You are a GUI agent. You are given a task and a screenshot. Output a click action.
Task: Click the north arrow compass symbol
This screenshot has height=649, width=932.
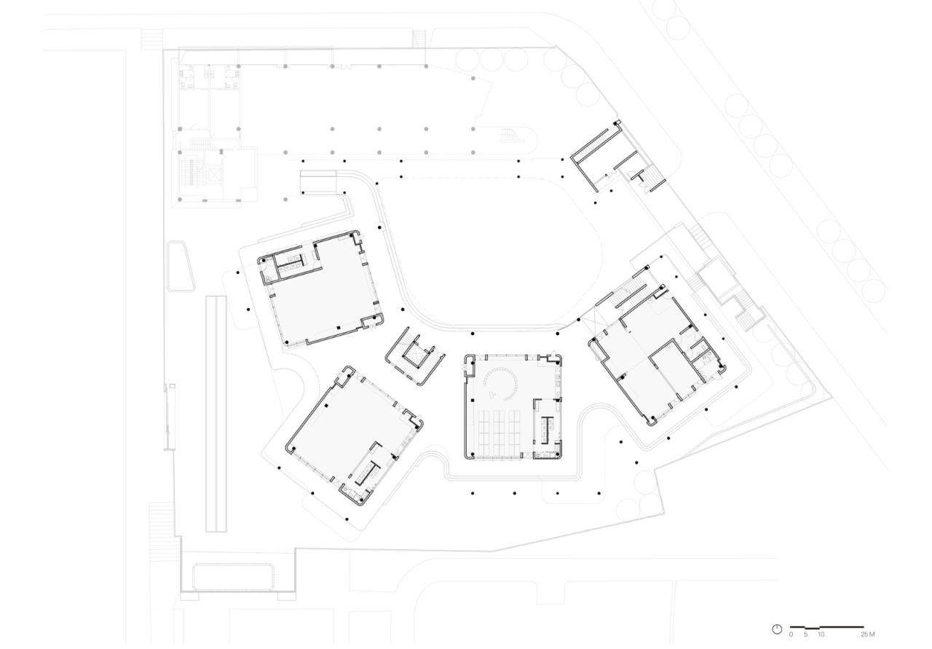pyautogui.click(x=777, y=629)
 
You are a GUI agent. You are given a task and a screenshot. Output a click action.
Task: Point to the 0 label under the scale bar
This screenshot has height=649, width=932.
pyautogui.click(x=791, y=635)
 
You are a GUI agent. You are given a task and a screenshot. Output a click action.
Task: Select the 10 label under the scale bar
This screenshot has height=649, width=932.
pyautogui.click(x=821, y=635)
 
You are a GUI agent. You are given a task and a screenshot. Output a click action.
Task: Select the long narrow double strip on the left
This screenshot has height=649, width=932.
pyautogui.click(x=214, y=413)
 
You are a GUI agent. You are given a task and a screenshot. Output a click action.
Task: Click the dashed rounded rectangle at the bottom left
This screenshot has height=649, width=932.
pyautogui.click(x=232, y=576)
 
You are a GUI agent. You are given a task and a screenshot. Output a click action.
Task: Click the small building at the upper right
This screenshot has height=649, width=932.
pyautogui.click(x=612, y=157)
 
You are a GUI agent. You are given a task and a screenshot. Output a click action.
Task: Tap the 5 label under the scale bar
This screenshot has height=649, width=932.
pyautogui.click(x=806, y=635)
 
